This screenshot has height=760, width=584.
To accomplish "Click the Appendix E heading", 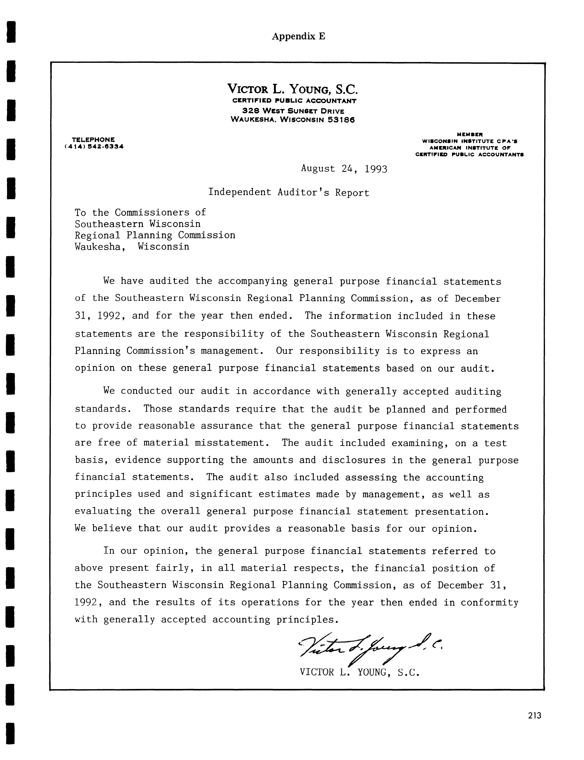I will coord(298,36).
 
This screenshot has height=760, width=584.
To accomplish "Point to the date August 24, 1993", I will coord(344,169).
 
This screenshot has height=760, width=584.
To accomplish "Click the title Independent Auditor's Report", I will coord(289,192).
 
